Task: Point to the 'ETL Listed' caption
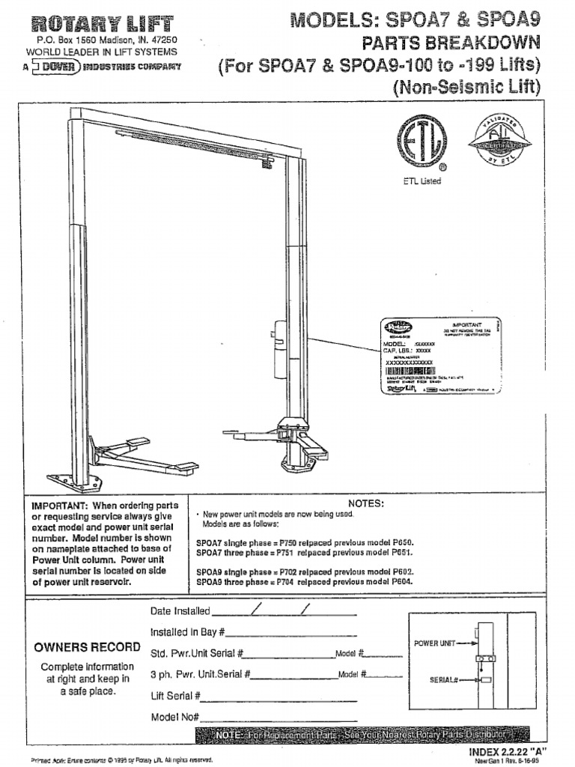(x=422, y=181)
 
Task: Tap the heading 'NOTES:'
(x=366, y=503)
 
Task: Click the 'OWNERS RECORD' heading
(x=87, y=647)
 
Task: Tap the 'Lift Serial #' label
(x=175, y=696)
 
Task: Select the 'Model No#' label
(x=174, y=717)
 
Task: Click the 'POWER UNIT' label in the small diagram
(x=434, y=643)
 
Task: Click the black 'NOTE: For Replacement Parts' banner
(x=362, y=735)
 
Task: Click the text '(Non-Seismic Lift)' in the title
(x=466, y=86)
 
